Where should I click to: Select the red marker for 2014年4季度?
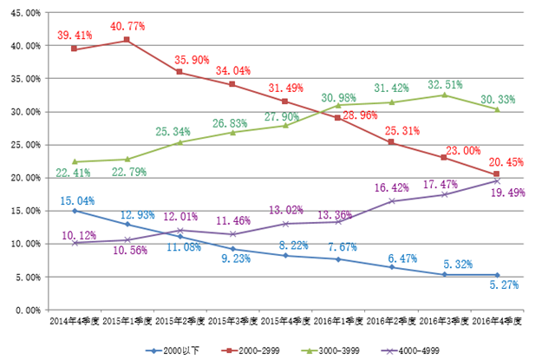click(75, 49)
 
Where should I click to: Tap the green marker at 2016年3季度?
click(443, 95)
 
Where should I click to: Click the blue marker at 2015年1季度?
click(127, 224)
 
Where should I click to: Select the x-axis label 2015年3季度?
click(232, 322)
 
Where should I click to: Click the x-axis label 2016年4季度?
click(497, 322)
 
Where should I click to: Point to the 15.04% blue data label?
click(77, 200)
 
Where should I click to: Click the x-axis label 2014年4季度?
click(75, 322)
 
